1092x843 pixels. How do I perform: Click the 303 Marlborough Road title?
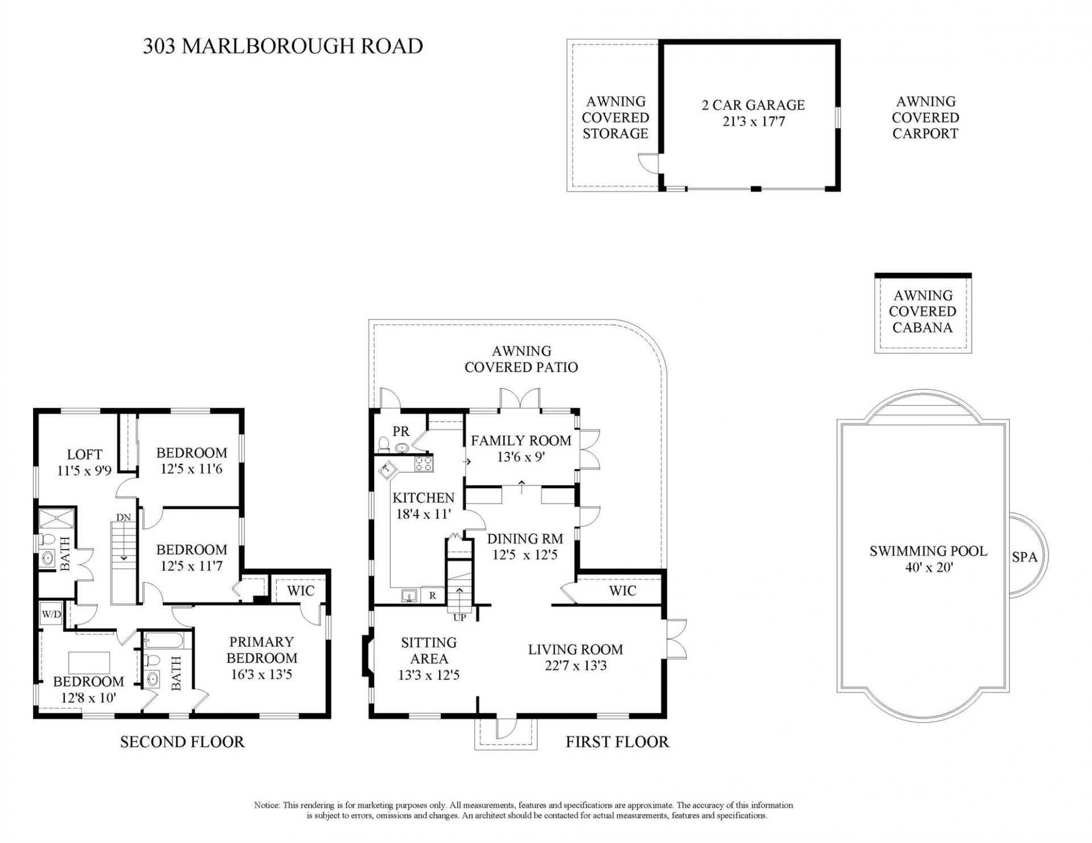click(283, 46)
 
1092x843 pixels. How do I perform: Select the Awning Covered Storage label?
click(615, 118)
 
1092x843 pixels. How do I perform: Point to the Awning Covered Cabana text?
click(922, 312)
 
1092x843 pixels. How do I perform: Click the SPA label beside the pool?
click(1024, 558)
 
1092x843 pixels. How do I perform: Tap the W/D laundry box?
click(51, 614)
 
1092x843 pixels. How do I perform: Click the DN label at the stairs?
click(123, 517)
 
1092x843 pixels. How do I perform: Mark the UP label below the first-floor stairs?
click(460, 617)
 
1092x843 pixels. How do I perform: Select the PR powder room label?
click(401, 433)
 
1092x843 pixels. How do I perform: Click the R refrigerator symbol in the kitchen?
click(433, 596)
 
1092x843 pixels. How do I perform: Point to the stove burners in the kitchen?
click(423, 464)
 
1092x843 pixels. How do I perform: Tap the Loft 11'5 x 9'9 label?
click(84, 462)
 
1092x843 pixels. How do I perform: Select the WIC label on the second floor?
click(300, 591)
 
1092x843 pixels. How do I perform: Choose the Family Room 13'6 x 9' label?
click(520, 448)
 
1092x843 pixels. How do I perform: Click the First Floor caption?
click(617, 742)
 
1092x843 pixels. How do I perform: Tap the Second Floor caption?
click(182, 742)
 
